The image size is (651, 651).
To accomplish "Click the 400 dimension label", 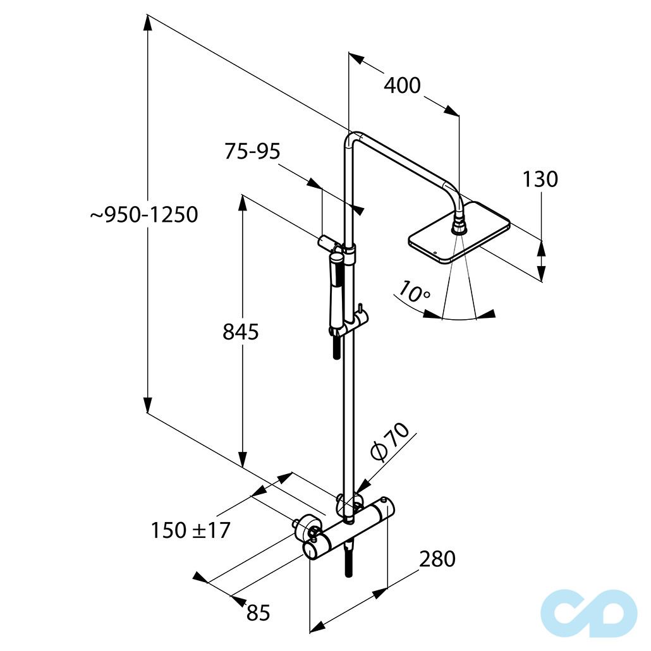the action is tap(402, 85).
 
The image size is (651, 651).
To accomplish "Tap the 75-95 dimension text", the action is tap(252, 151).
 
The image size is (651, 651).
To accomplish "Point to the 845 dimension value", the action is tap(241, 332).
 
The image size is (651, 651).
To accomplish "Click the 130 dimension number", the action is tap(540, 179).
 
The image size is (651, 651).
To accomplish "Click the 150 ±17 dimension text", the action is tap(191, 531).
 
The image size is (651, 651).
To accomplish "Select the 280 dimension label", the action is tap(437, 559).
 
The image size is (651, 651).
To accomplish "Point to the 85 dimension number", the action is tap(259, 612).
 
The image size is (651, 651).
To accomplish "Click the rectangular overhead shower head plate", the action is tap(459, 233).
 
